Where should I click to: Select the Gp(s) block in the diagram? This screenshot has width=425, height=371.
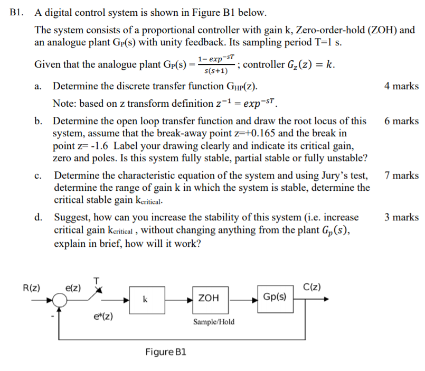[x=275, y=296]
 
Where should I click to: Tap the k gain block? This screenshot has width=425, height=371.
[x=145, y=299]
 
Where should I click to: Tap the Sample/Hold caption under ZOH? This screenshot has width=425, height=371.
[x=214, y=322]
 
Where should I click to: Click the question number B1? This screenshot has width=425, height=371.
[x=17, y=12]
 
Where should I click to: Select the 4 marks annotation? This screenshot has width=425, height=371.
[x=401, y=86]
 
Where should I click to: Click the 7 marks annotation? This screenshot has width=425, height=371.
[x=401, y=175]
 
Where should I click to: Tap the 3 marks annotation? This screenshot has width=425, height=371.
[x=401, y=217]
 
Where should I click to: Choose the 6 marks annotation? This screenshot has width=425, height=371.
[x=401, y=121]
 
